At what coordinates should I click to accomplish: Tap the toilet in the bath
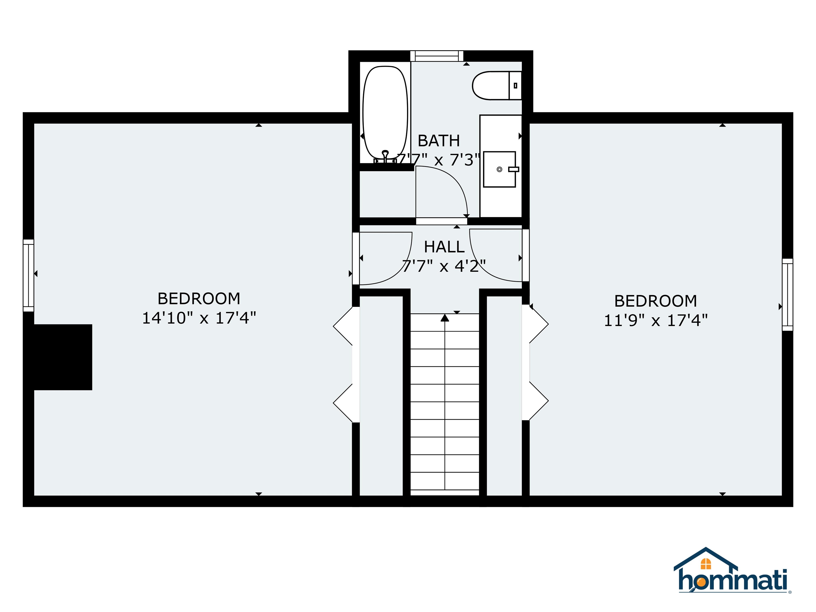tap(492, 86)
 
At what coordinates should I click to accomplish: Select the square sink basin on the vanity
tap(499, 169)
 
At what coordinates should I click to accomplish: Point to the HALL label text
tap(444, 247)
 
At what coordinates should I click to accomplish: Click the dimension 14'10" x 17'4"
tap(199, 318)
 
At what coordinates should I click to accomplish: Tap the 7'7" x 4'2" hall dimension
tap(444, 266)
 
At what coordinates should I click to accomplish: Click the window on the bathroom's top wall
tap(437, 56)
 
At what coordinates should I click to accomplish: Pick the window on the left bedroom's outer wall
tap(28, 275)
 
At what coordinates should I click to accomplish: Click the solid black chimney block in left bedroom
tap(59, 357)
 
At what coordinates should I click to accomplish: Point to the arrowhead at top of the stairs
tap(445, 318)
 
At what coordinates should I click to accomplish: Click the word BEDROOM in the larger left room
tap(199, 299)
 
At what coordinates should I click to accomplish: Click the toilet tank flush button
tap(515, 86)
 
